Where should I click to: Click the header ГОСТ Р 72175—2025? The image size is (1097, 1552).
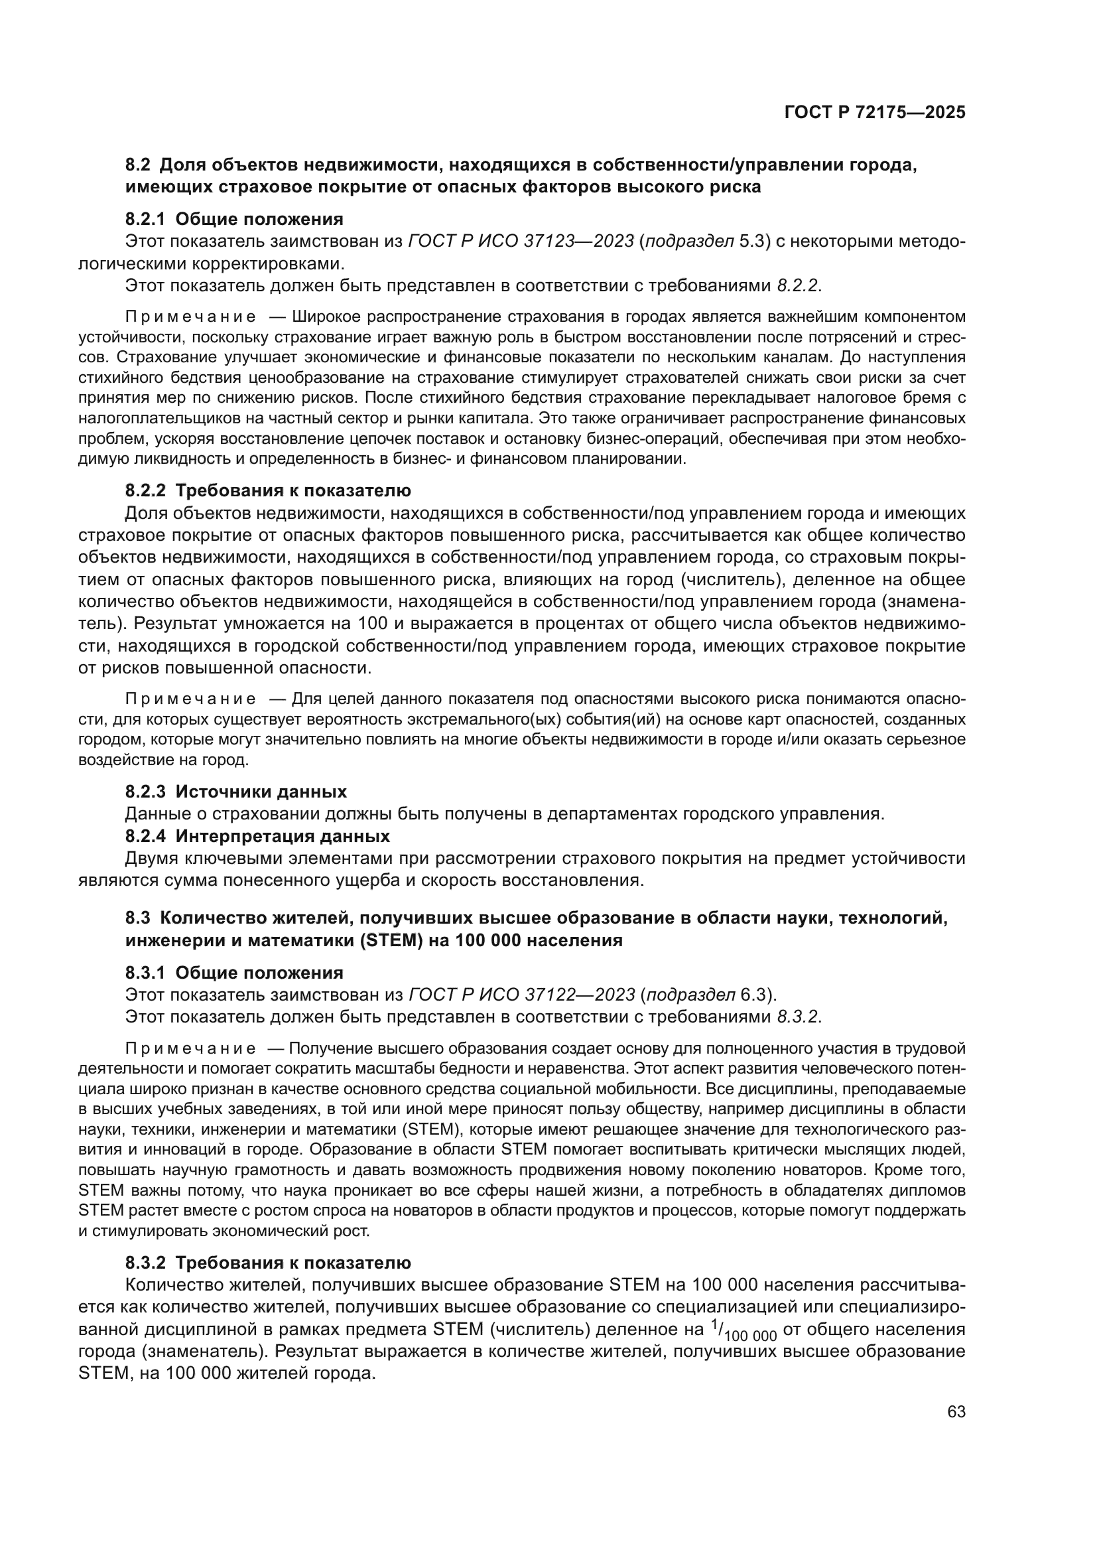pos(874,113)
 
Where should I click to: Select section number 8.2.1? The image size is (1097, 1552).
pos(146,219)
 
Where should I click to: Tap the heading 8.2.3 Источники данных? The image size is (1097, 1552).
pos(236,792)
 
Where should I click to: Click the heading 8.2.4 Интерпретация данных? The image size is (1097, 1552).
pos(257,836)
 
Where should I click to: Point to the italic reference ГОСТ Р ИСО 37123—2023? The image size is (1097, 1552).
pos(521,242)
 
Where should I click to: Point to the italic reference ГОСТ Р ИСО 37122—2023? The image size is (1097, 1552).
pos(521,995)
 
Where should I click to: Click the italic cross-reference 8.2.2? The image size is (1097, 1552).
pos(798,285)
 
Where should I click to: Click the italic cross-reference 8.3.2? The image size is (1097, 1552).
pos(798,1017)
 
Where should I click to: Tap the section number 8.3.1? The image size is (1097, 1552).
pos(146,973)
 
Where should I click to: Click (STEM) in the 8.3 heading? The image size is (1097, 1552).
pos(392,940)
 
